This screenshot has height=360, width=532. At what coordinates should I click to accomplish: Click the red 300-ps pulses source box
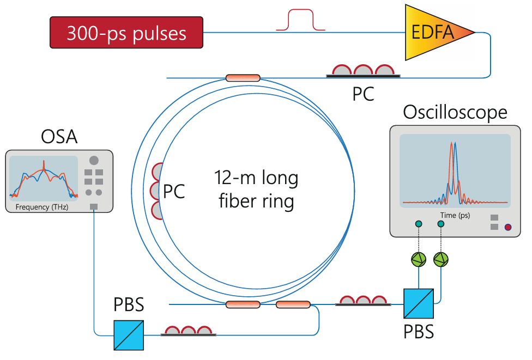click(x=126, y=34)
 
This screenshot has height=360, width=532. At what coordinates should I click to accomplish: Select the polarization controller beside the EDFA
click(x=362, y=71)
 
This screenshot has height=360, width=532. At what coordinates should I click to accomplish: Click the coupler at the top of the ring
click(x=243, y=78)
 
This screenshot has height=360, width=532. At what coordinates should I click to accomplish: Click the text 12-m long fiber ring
click(x=256, y=190)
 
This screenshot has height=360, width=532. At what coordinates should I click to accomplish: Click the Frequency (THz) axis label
click(x=41, y=207)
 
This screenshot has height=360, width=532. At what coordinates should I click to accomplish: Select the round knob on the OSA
click(x=94, y=160)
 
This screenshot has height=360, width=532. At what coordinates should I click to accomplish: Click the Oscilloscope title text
click(x=455, y=112)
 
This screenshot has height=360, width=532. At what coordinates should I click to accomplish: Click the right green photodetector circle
click(x=440, y=260)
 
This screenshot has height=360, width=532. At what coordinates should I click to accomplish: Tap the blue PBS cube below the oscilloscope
click(x=418, y=303)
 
